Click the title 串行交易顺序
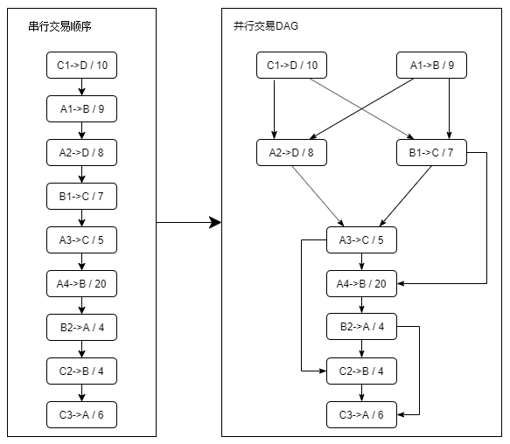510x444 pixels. click(60, 27)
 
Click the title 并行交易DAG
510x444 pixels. click(260, 27)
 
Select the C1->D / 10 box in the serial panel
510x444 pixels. click(81, 66)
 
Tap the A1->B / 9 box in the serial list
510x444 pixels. click(81, 109)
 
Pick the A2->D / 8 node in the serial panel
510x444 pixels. click(81, 153)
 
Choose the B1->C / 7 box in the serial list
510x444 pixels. click(81, 197)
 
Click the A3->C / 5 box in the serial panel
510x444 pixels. click(81, 240)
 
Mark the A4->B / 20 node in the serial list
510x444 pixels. click(81, 284)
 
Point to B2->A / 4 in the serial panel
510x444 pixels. click(81, 328)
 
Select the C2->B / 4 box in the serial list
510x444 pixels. click(81, 371)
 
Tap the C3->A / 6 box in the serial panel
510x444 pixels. click(81, 414)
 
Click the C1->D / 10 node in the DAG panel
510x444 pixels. click(291, 66)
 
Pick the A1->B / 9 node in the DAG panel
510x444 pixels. click(431, 66)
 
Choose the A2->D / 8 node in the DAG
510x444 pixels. click(291, 153)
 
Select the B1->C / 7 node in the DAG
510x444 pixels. click(431, 153)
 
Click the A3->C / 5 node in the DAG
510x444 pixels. click(361, 240)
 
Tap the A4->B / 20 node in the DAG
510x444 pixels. click(361, 284)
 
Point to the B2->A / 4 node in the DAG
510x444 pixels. click(361, 328)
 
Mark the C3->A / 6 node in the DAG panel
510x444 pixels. click(361, 414)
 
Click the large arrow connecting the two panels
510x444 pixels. click(188, 223)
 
